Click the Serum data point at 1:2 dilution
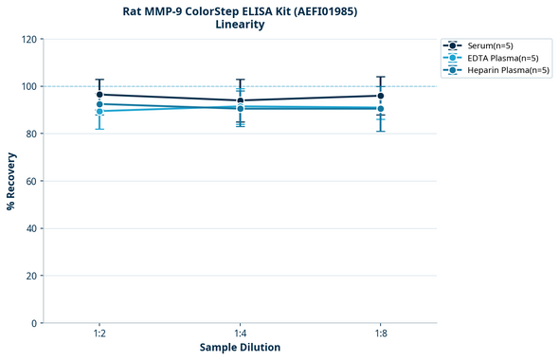click(99, 95)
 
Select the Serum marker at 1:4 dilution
click(241, 100)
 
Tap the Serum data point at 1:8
click(381, 96)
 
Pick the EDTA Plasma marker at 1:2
click(99, 112)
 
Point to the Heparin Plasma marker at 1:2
click(99, 104)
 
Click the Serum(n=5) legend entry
click(490, 45)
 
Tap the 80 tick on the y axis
click(33, 134)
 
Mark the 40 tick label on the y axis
click(33, 228)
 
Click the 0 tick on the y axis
click(36, 323)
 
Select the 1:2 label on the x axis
click(99, 333)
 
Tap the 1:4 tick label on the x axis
click(241, 333)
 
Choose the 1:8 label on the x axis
click(381, 333)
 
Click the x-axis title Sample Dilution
click(240, 348)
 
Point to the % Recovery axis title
click(11, 181)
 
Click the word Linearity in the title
click(240, 25)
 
